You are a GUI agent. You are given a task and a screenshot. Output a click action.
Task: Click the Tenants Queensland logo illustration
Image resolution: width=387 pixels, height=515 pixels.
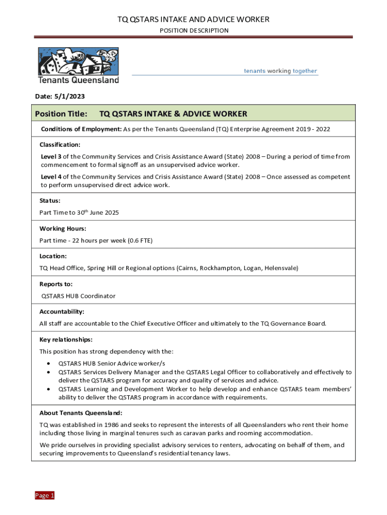78,61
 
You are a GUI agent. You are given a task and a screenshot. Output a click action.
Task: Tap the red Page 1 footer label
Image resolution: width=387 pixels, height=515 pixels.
44,495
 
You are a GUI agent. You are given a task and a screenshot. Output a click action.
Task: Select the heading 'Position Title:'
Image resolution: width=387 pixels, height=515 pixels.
61,114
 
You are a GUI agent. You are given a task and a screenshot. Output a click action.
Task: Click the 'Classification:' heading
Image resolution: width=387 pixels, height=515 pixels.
60,144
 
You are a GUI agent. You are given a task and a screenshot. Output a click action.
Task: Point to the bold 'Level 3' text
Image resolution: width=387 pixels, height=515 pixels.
51,156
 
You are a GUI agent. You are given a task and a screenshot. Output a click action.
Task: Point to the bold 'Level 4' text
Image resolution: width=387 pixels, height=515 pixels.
51,177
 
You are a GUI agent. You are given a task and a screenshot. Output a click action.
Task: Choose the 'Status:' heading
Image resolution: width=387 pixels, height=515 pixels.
50,200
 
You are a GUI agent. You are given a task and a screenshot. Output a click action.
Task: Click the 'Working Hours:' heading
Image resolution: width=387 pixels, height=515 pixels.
59,228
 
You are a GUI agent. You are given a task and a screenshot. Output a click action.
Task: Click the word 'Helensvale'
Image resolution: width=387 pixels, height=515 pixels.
281,268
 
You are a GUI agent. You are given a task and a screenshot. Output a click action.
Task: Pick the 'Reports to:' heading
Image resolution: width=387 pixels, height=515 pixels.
56,284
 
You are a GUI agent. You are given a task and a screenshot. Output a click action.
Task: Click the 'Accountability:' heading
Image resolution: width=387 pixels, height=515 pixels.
62,311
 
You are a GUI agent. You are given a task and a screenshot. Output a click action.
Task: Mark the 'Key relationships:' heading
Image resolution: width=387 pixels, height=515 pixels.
66,339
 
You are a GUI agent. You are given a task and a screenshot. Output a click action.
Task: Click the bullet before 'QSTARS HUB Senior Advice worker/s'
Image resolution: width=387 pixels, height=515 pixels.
48,363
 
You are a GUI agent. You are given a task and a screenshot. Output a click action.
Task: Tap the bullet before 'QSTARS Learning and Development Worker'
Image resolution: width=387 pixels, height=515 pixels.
48,389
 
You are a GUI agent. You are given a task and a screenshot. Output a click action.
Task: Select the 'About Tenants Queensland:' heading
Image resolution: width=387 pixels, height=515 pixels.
80,413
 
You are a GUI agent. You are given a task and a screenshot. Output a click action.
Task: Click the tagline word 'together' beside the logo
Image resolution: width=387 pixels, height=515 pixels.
305,71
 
